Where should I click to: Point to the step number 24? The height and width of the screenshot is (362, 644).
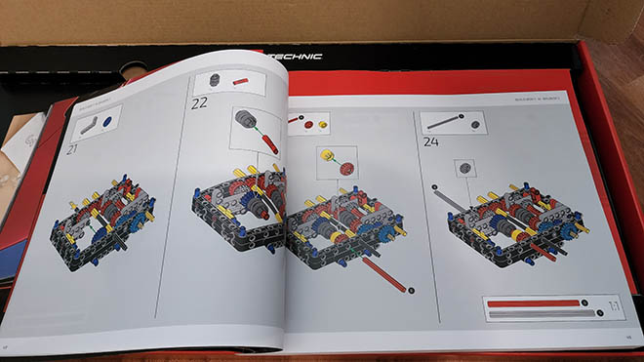pyautogui.click(x=432, y=142)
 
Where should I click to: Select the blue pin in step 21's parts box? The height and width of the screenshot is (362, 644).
pyautogui.click(x=106, y=122)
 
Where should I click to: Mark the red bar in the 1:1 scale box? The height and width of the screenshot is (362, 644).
pyautogui.click(x=532, y=302)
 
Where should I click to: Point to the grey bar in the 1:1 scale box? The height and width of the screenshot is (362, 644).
pyautogui.click(x=532, y=314)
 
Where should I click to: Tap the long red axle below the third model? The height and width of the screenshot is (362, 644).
pyautogui.click(x=382, y=275)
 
